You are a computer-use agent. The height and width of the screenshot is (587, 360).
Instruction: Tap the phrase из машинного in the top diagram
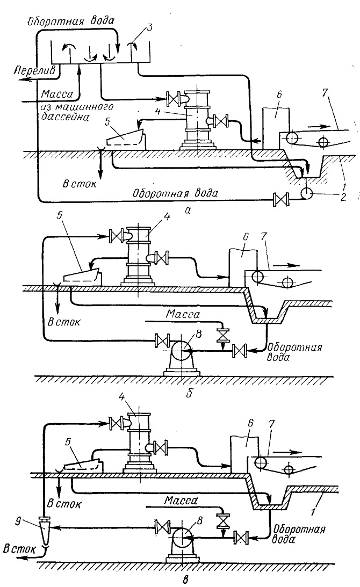tap(77, 108)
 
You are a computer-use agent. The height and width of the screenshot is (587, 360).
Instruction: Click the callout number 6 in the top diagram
tap(279, 95)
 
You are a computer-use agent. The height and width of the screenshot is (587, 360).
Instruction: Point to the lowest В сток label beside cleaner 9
tap(19, 549)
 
